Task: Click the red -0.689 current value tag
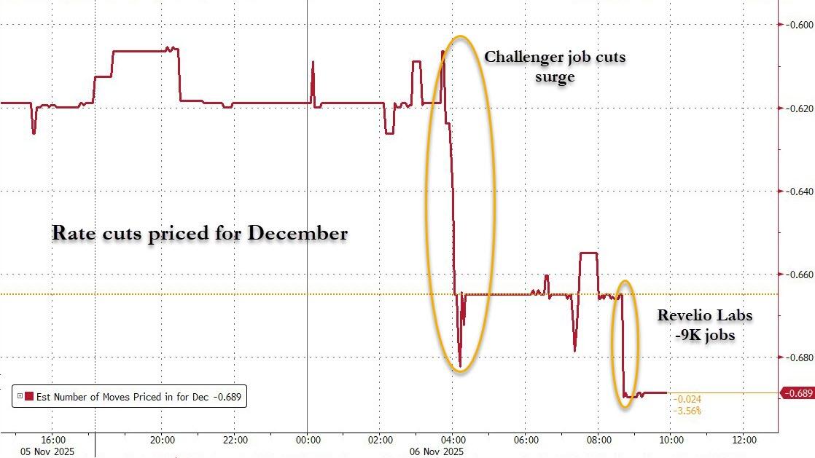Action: coord(797,393)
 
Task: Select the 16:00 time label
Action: coord(54,440)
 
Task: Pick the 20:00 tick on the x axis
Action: coord(162,440)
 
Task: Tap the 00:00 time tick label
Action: coord(308,440)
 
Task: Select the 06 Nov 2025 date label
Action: coord(437,452)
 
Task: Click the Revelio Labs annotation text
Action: coord(704,315)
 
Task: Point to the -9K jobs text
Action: coord(704,336)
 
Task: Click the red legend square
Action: coord(29,397)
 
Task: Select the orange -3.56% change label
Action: coord(688,411)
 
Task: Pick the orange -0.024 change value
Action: coord(687,400)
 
